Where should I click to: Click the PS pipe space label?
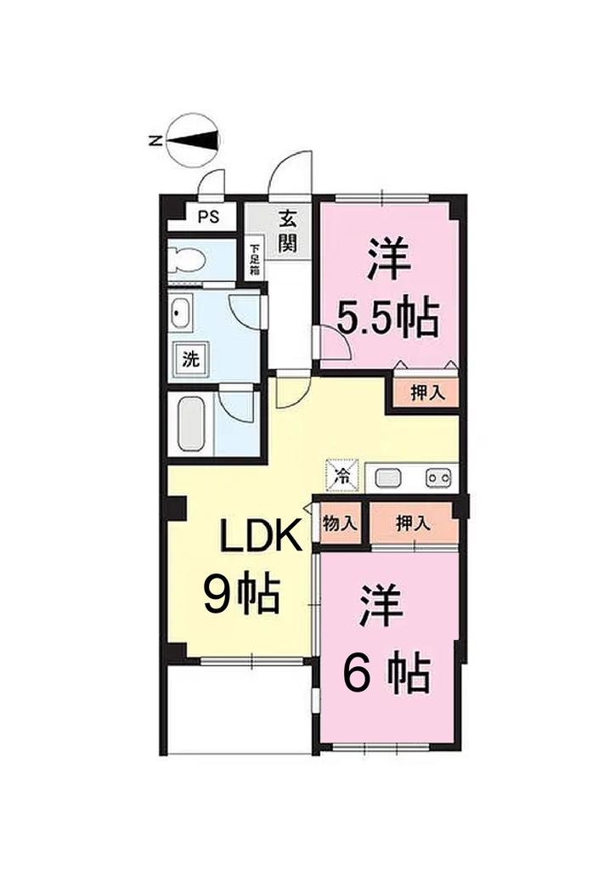208,217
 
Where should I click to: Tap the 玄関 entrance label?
287,231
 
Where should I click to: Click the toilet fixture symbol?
187,258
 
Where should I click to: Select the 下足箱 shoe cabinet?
255,260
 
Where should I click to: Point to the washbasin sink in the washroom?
180,314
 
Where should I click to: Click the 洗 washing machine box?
191,359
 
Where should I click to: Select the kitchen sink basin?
388,477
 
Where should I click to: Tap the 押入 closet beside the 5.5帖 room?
427,393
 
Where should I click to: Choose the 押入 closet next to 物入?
413,523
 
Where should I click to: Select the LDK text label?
260,537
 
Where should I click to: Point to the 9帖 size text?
240,594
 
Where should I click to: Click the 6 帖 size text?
386,673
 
